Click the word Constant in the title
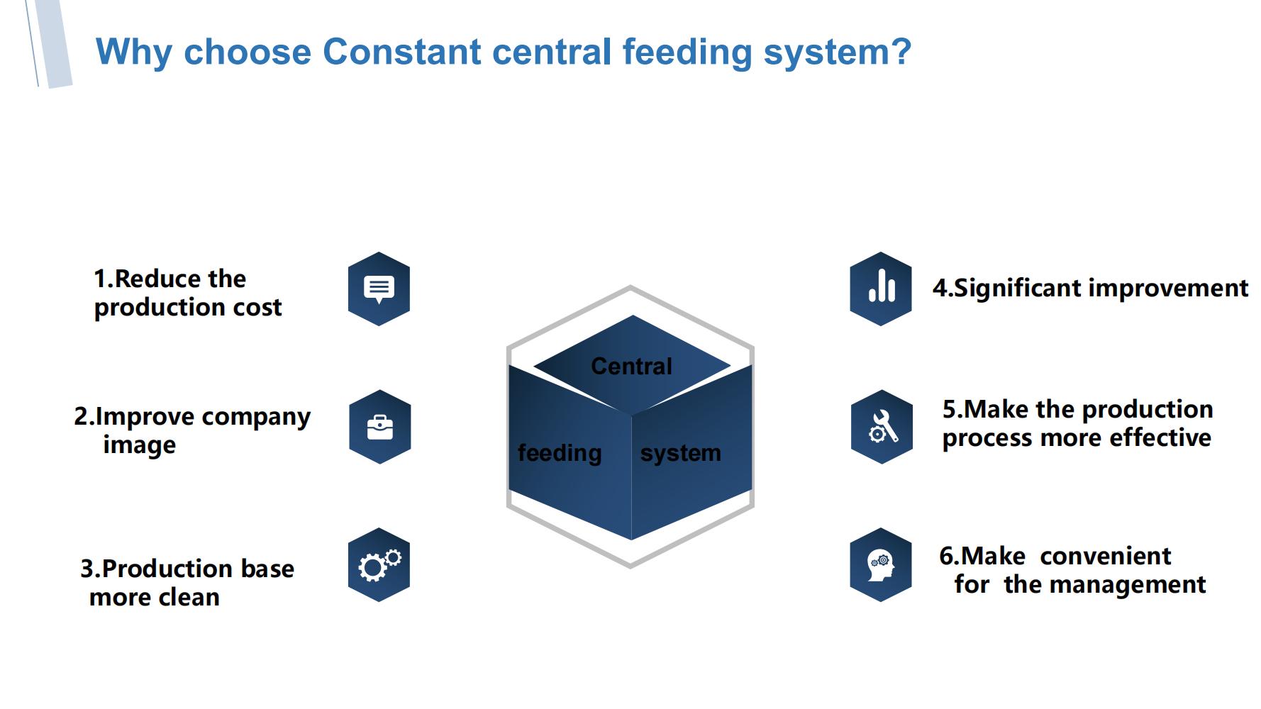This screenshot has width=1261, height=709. point(402,52)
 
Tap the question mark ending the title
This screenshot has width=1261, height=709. point(901,51)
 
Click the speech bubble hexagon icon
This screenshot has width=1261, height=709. point(379,289)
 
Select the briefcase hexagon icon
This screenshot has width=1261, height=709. point(379,427)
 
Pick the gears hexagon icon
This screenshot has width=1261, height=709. point(379,565)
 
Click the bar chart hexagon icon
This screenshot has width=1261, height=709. point(881,289)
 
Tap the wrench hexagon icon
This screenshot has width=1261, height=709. point(882,427)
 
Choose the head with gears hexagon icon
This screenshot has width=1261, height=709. point(881,565)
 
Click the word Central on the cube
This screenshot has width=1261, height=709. point(631,366)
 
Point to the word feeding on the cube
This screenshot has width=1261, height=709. point(560,453)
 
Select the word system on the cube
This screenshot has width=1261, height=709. point(681,453)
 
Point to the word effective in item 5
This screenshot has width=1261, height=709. point(1160,437)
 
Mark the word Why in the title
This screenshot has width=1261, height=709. point(134,53)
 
